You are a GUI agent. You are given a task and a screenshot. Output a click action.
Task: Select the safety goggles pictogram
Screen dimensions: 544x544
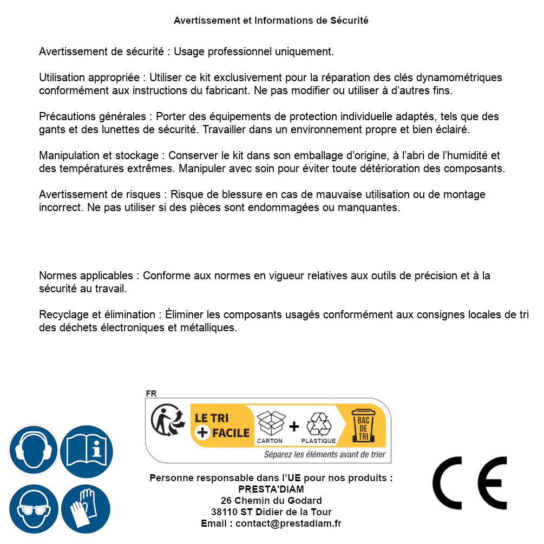[34, 509]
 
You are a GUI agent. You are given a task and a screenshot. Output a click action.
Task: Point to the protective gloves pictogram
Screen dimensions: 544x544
[86, 509]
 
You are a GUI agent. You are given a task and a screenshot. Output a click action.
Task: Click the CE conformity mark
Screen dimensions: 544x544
[470, 483]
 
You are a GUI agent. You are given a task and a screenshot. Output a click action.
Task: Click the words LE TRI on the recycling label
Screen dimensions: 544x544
[211, 418]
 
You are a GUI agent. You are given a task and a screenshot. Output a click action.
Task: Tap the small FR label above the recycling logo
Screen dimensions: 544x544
[151, 394]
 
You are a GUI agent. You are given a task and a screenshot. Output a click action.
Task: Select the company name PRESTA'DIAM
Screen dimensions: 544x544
[271, 489]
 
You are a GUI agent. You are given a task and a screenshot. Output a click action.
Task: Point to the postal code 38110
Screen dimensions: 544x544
[223, 512]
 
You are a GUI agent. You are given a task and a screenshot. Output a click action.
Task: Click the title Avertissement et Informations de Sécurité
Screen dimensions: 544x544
[271, 21]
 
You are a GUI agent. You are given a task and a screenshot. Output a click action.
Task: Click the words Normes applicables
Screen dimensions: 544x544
[86, 276]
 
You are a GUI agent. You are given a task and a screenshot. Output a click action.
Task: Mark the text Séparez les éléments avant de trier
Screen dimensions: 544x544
[325, 455]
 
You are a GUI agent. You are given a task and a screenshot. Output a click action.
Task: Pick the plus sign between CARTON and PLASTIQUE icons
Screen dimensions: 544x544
[294, 427]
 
